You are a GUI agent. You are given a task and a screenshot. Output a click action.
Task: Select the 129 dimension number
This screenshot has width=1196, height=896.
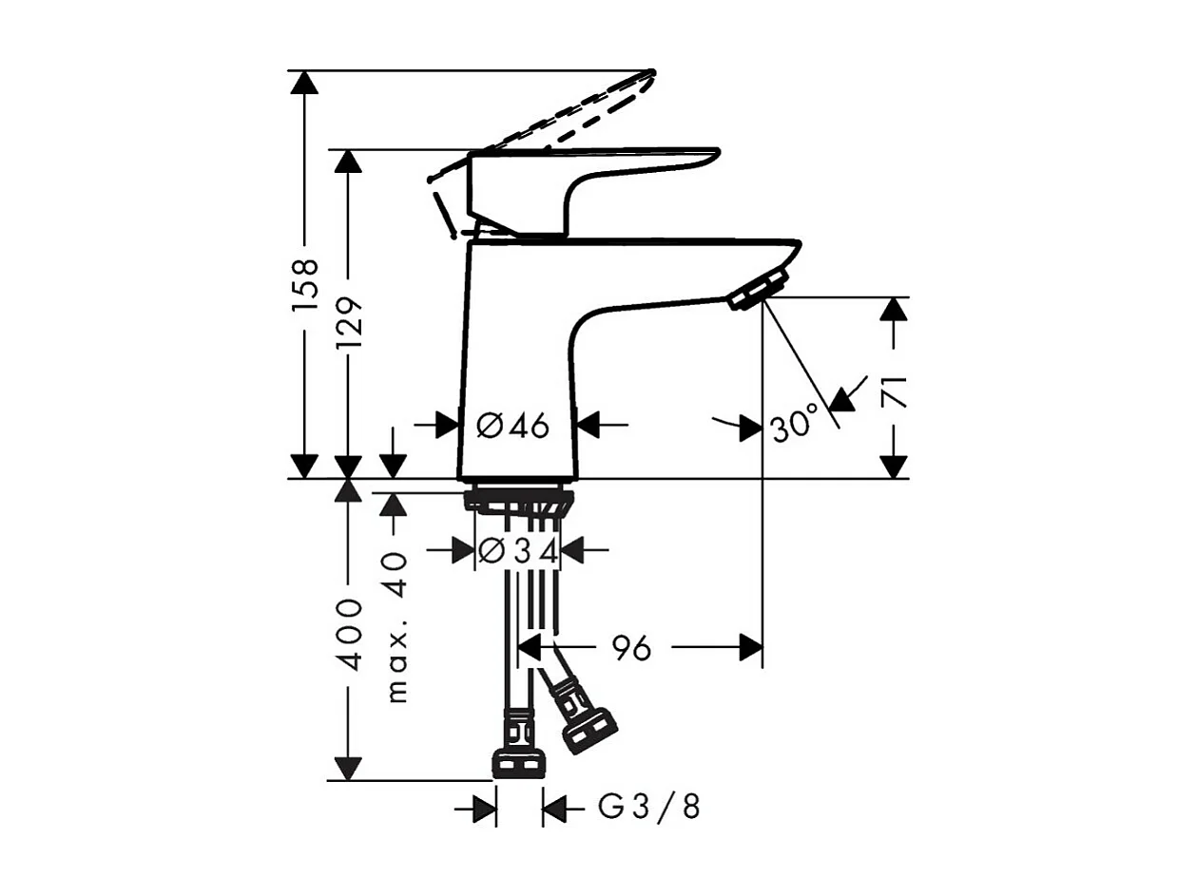click(350, 323)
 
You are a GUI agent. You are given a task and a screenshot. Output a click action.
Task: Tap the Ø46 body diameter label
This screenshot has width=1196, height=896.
click(513, 427)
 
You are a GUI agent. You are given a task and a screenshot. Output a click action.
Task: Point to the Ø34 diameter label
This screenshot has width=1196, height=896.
click(518, 550)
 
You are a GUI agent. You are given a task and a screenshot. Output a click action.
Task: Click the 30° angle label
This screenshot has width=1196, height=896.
click(794, 423)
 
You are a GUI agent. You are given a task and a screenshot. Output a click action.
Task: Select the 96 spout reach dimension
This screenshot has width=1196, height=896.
click(631, 648)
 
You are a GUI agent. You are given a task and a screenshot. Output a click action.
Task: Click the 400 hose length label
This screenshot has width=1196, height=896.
click(350, 635)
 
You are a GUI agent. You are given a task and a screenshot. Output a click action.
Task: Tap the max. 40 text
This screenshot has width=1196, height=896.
click(395, 627)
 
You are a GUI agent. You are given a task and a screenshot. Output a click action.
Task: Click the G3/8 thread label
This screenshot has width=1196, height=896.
click(649, 808)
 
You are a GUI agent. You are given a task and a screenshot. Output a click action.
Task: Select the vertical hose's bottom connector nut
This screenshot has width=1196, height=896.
click(519, 762)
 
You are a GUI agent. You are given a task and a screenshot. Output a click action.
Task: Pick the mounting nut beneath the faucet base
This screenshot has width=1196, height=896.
click(518, 500)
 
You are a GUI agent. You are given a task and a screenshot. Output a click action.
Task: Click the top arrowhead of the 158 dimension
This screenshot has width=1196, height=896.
click(305, 82)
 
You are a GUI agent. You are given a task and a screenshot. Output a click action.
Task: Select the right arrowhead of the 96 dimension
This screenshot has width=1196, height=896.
click(751, 648)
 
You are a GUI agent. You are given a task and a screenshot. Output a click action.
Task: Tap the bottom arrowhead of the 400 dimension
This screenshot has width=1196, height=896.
click(349, 769)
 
